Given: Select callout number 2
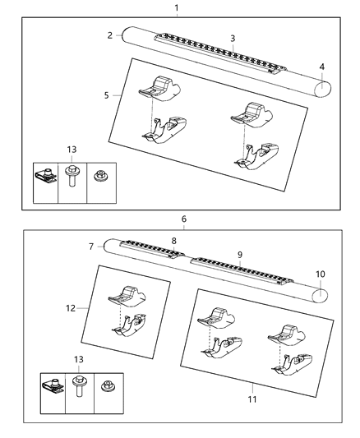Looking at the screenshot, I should coord(109,35).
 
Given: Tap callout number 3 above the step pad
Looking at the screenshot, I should coord(233,39).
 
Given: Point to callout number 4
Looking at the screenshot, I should coord(322,66).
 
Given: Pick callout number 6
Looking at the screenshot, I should coord(184,219).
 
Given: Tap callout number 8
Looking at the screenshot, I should coord(173,240).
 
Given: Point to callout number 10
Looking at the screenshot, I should coord(321,273).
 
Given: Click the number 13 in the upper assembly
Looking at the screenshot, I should coord(72,148).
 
